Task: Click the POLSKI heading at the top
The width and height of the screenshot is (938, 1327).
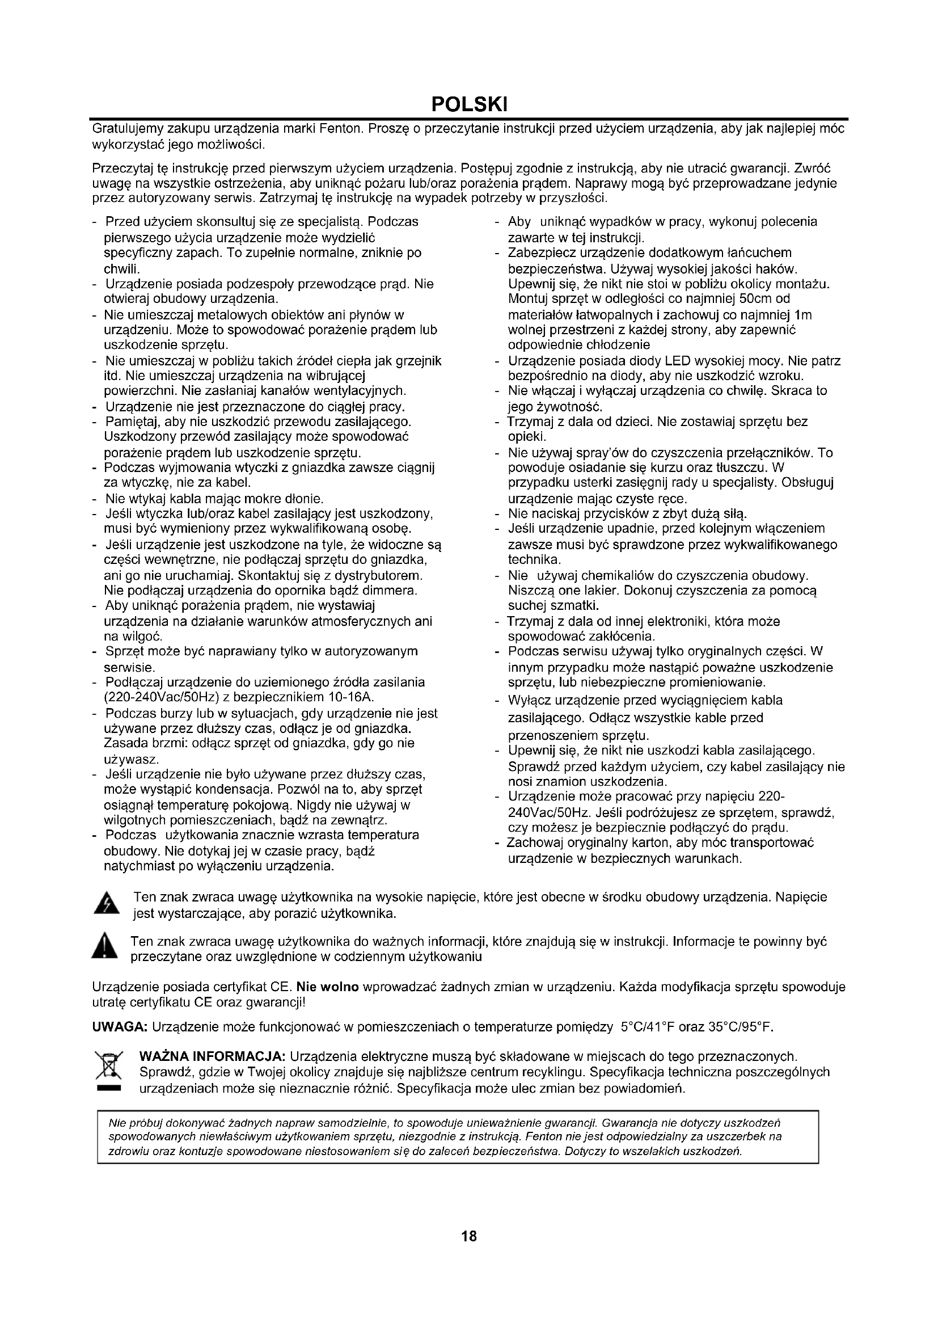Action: pos(469,104)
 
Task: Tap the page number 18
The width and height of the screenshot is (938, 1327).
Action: pos(469,1236)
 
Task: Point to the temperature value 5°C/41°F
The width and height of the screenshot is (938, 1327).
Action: pos(648,1027)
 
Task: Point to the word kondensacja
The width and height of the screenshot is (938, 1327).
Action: pos(235,790)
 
